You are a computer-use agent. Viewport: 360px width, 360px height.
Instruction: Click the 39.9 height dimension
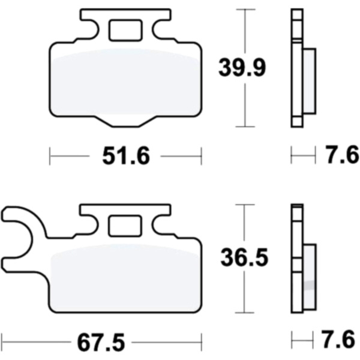point(242,68)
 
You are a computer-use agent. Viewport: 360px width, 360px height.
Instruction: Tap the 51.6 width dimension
point(126,156)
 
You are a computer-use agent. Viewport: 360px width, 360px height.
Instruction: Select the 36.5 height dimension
point(244,257)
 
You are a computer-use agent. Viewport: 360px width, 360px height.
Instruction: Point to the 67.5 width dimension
point(101,342)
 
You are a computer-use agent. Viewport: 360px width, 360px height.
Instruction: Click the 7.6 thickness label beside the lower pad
point(339,339)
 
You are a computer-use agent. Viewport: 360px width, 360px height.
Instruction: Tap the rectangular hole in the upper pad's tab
point(125,31)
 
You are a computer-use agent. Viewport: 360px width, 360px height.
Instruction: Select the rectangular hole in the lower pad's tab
point(125,226)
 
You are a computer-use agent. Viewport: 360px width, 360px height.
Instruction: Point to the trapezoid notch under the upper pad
point(125,122)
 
